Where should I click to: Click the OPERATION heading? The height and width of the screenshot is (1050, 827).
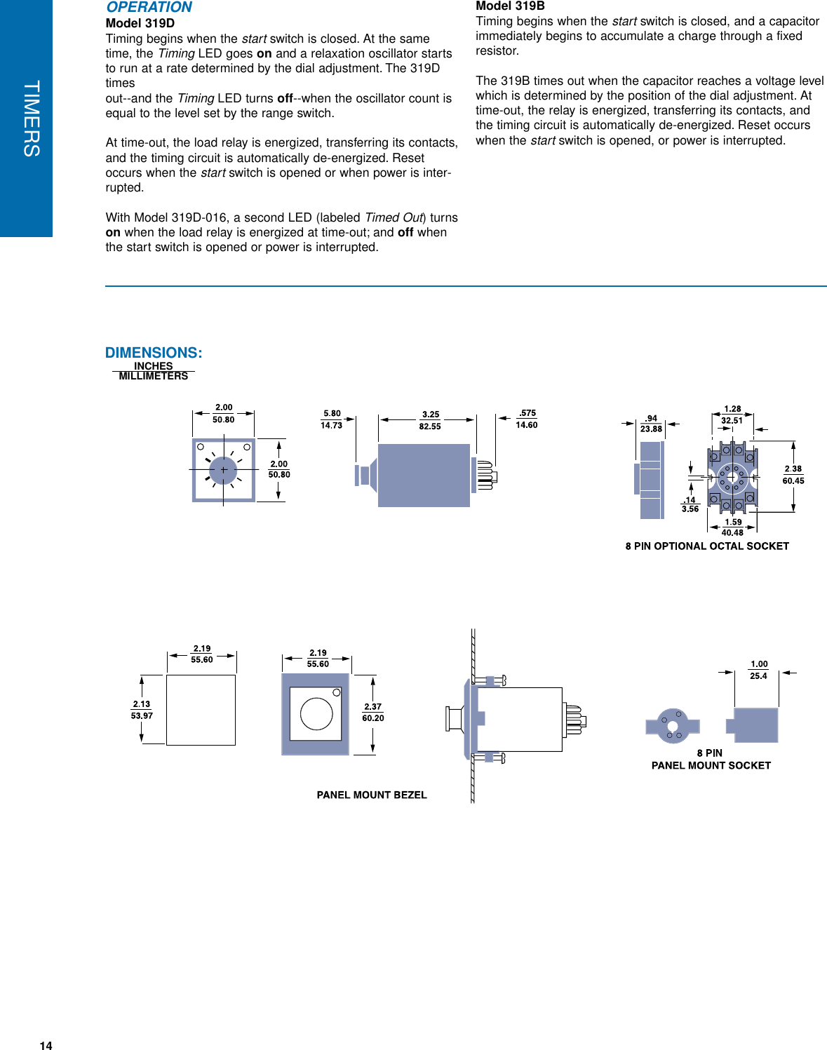[x=149, y=8]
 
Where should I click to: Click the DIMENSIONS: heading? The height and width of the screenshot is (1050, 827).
[x=154, y=353]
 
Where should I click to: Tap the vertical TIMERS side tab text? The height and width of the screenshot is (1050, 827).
[x=31, y=118]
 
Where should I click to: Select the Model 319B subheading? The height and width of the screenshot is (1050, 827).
[x=510, y=6]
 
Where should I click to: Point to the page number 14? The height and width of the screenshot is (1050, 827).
[x=46, y=1045]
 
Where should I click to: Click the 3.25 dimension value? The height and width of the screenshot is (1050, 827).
[x=431, y=415]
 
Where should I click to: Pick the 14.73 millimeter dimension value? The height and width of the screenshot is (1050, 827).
[x=331, y=425]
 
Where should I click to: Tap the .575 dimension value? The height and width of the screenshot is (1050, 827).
[x=527, y=413]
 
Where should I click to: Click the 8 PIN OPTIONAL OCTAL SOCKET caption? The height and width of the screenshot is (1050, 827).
[x=707, y=546]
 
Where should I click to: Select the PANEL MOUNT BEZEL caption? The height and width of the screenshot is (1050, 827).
[x=372, y=795]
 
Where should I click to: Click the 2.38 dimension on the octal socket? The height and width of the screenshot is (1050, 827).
[x=793, y=469]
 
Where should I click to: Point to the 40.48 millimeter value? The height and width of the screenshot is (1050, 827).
[x=732, y=532]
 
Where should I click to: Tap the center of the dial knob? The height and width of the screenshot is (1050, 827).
[x=223, y=470]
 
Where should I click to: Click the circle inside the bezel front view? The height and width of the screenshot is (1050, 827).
[x=316, y=714]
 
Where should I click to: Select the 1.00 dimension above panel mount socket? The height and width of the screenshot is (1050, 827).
[x=759, y=664]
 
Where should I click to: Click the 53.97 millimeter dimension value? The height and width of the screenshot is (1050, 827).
[x=142, y=715]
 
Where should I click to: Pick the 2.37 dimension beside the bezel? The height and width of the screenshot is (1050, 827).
[x=372, y=706]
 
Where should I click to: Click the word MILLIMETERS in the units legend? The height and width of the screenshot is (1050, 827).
[x=154, y=376]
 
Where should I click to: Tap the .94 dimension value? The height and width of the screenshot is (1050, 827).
[x=652, y=418]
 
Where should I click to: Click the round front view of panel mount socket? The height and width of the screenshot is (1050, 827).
[x=672, y=725]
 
